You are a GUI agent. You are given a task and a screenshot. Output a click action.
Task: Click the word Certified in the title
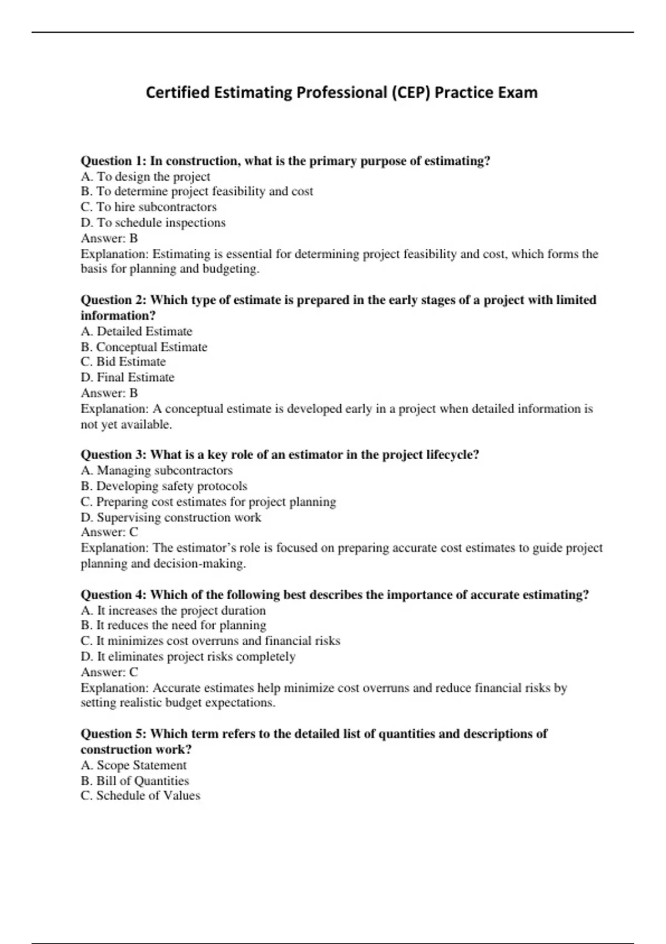pos(178,92)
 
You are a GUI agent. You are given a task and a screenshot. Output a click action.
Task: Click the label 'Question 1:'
pos(113,161)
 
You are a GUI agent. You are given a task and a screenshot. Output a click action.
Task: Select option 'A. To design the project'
pos(145,177)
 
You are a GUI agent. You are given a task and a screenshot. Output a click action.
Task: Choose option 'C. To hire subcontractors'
pos(149,207)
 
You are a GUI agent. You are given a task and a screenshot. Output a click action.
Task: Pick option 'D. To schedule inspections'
pos(153,223)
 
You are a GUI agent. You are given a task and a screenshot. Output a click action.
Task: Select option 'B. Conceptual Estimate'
pos(144,347)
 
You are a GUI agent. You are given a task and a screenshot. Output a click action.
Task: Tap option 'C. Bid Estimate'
pos(123,362)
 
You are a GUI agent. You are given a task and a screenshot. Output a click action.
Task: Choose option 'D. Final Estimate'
pos(128,378)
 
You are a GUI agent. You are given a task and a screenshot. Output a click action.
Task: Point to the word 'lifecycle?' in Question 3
pos(452,455)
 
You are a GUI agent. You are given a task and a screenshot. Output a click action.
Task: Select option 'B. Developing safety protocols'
pos(164,486)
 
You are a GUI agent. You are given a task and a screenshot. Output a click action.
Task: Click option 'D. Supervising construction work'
pos(171,518)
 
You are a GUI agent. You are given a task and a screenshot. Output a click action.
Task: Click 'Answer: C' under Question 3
pos(109,533)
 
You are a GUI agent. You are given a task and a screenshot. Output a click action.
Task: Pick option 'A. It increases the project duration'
pos(173,610)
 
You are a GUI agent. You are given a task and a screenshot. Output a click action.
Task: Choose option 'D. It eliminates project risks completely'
pos(188,657)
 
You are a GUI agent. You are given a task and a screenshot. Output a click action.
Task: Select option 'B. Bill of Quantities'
pos(135,781)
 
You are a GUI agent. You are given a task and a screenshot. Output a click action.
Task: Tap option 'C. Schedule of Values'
pos(140,796)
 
